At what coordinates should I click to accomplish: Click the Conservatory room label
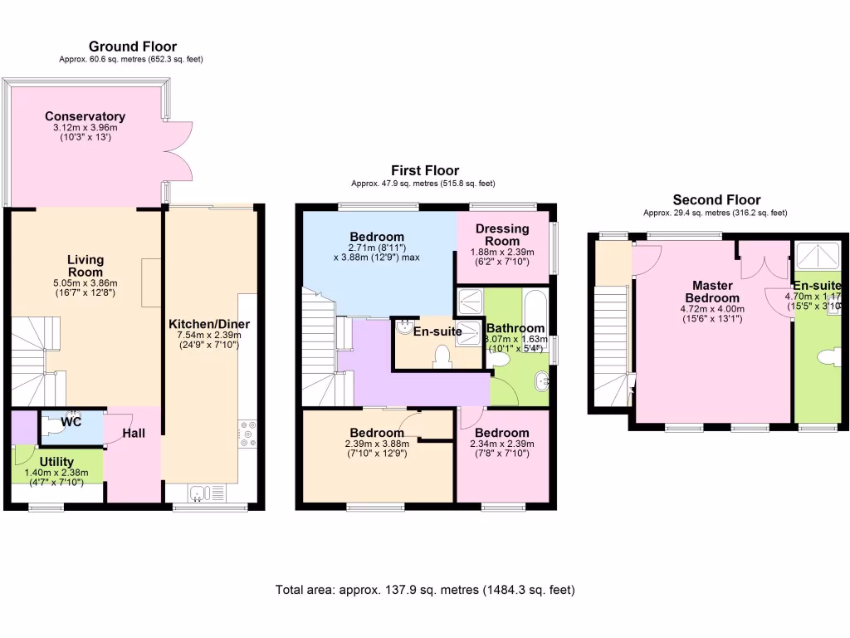coord(85,116)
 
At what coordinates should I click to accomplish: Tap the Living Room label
coord(85,266)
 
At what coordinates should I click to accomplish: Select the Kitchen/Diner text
coord(208,324)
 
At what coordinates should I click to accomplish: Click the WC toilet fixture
coord(56,421)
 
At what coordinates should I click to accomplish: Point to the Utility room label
coord(56,462)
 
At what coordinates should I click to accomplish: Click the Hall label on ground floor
coord(134,433)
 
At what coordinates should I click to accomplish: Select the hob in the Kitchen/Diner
coord(247,434)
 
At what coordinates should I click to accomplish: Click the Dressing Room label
coord(502,235)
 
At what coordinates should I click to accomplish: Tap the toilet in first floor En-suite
coord(442,356)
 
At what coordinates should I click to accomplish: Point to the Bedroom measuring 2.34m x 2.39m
coord(502,433)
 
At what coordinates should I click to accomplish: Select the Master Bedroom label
coord(712,292)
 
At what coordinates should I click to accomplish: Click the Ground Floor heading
coord(133,47)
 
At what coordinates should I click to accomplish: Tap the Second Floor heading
coord(716,199)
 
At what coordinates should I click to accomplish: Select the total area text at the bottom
coord(425,590)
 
